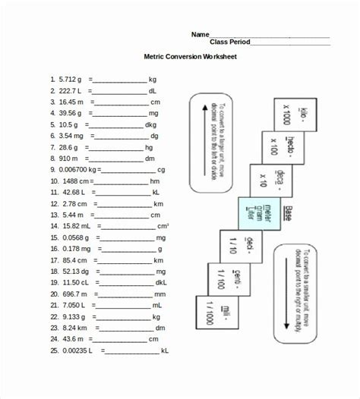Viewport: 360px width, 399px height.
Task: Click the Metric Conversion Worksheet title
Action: (191, 57)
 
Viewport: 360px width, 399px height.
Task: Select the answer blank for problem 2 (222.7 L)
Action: (118, 90)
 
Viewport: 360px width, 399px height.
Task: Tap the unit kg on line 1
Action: (153, 79)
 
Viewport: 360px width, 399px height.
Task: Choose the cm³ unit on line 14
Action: (163, 226)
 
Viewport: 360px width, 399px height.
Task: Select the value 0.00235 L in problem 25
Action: (77, 351)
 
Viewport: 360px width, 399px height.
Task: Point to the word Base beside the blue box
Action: (288, 213)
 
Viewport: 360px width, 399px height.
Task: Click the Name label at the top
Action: (200, 34)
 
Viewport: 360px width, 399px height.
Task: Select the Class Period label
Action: (229, 42)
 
